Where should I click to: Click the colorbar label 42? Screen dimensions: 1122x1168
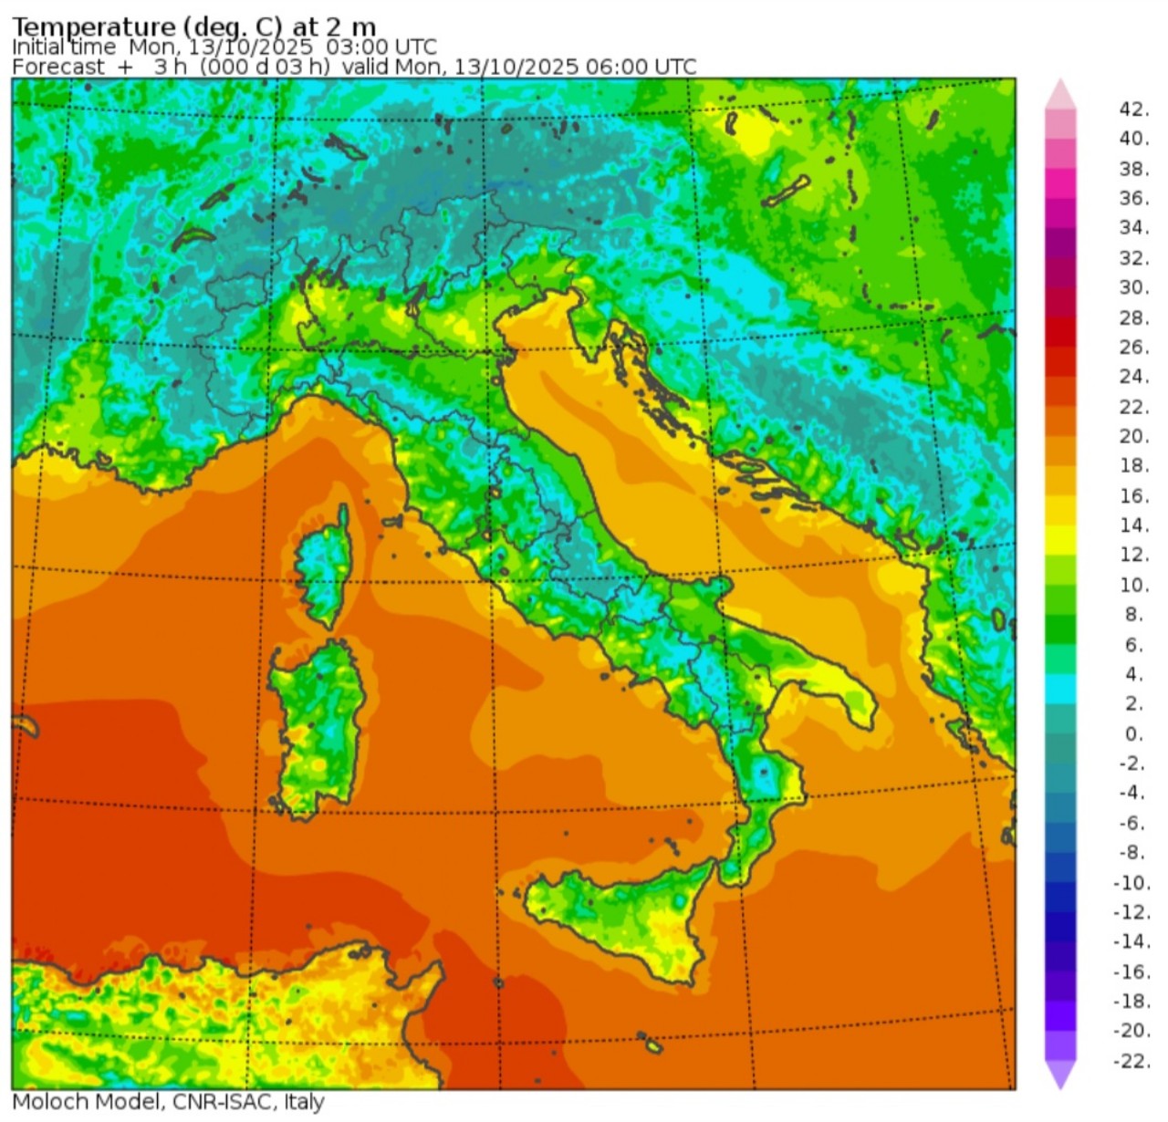point(1133,109)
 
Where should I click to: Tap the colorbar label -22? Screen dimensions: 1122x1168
point(1131,1061)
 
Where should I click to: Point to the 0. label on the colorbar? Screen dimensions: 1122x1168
point(1133,734)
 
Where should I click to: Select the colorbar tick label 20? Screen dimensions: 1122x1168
point(1133,437)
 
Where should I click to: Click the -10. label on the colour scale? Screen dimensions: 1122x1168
point(1131,883)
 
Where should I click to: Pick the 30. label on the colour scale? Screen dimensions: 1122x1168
point(1133,288)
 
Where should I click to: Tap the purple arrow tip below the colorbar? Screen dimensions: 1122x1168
point(1060,1076)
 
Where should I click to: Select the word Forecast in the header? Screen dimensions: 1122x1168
point(58,68)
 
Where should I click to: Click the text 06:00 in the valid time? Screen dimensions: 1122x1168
point(617,68)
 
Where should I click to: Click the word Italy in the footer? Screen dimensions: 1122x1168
point(303,1102)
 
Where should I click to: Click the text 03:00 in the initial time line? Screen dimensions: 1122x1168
point(357,47)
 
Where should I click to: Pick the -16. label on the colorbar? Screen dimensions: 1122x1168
point(1131,972)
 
